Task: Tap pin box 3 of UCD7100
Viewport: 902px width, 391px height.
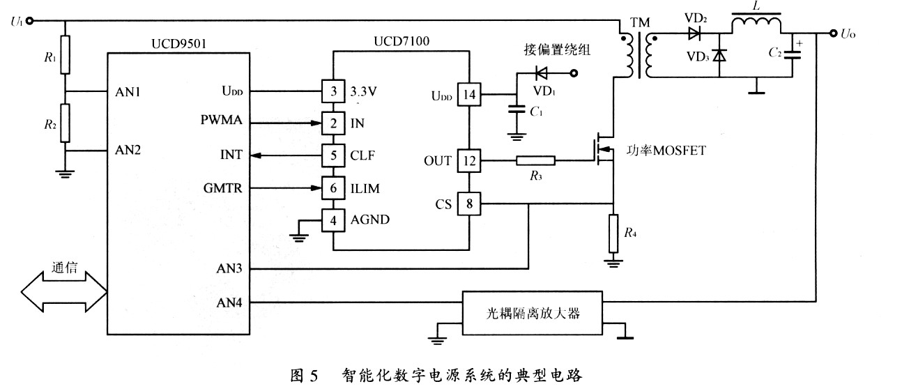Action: click(333, 91)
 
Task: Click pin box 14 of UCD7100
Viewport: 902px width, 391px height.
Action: click(468, 95)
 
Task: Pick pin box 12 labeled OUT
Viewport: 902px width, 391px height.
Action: click(468, 161)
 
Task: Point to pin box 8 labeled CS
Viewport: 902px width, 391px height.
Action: click(468, 204)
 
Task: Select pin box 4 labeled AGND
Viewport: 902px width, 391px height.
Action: click(333, 220)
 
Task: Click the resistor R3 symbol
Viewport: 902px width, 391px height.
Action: click(535, 162)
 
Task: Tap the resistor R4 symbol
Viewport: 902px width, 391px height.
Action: click(613, 233)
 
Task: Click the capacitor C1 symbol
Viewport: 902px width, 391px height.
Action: click(517, 109)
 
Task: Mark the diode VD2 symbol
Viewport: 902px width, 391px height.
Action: click(694, 32)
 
